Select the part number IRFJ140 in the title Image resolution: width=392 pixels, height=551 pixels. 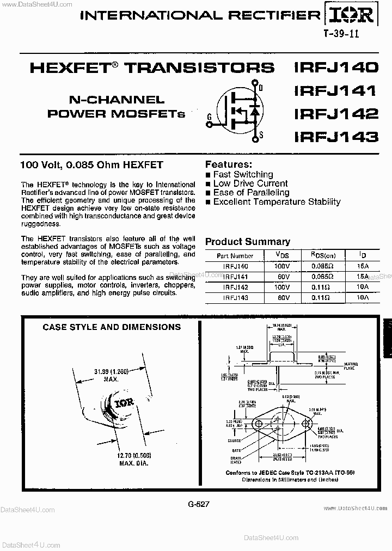click(x=335, y=68)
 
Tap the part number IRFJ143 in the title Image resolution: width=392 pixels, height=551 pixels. click(x=335, y=137)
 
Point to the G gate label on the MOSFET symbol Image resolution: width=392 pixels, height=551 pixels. click(x=210, y=115)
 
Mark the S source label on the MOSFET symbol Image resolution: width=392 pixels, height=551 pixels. click(x=261, y=134)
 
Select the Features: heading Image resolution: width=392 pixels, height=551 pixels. click(x=228, y=164)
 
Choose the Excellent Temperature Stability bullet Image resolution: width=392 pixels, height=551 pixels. click(x=277, y=201)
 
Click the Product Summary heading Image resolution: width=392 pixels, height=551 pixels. click(x=247, y=242)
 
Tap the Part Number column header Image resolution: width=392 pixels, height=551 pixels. click(x=235, y=256)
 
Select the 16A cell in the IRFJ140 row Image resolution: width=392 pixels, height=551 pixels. click(x=363, y=266)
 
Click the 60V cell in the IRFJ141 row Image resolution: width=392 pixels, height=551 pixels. click(x=283, y=277)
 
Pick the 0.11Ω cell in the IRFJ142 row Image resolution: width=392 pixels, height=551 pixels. click(x=321, y=287)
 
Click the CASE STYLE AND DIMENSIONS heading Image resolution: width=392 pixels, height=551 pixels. click(x=112, y=327)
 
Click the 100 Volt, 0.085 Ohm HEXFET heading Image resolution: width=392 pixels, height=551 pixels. click(x=91, y=164)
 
